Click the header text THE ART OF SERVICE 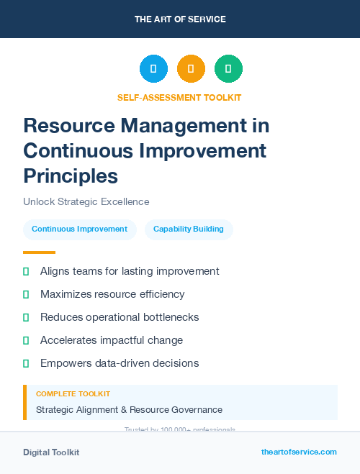[x=180, y=19]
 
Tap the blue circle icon [x=153, y=69]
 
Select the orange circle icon [x=191, y=69]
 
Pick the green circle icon [x=228, y=69]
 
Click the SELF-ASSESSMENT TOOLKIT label [x=179, y=98]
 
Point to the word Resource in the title [x=68, y=126]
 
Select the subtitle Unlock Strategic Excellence [x=86, y=201]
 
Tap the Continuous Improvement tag [x=79, y=229]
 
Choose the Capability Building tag [x=189, y=229]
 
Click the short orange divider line [x=39, y=252]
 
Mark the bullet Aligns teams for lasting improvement [x=130, y=271]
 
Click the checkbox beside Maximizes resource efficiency [x=26, y=294]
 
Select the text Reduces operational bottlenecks [x=120, y=317]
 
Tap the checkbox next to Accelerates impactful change [x=26, y=340]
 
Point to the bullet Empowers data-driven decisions [x=120, y=363]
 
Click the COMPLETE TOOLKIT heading [x=73, y=394]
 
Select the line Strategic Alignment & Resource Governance [x=129, y=410]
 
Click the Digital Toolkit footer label [x=51, y=452]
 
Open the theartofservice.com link [x=299, y=452]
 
